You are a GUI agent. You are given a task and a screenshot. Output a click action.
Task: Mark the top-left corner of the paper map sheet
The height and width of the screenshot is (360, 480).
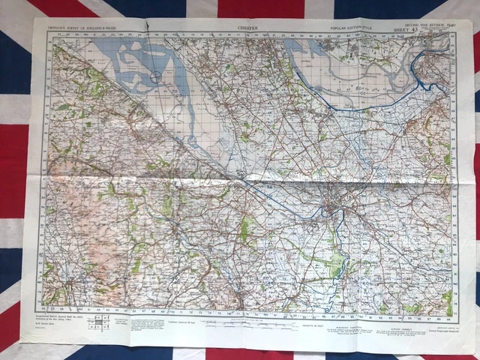pyautogui.click(x=34, y=19)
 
